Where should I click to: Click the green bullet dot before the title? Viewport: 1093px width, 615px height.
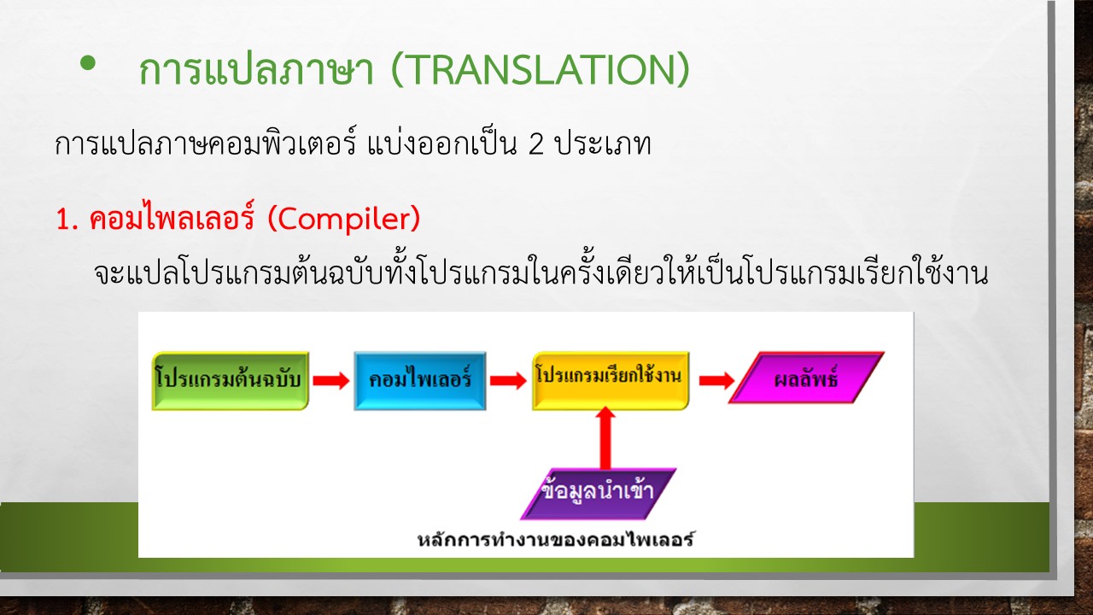(x=88, y=63)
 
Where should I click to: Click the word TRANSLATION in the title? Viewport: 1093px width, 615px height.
(x=541, y=70)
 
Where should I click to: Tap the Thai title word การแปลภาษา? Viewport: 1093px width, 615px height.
(x=256, y=70)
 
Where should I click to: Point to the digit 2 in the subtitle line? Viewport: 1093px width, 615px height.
(x=535, y=144)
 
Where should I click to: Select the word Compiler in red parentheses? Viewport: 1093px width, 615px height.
(x=344, y=219)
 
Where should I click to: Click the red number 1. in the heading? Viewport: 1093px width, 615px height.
(x=67, y=220)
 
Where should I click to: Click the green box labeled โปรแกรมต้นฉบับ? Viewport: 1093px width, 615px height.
(x=231, y=381)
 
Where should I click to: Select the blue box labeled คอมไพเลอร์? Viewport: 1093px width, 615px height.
(x=419, y=381)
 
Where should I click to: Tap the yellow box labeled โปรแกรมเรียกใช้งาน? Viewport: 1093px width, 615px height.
(x=611, y=381)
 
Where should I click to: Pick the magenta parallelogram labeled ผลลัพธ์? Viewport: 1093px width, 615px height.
(x=806, y=378)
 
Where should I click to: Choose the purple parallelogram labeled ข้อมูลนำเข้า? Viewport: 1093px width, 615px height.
(x=599, y=494)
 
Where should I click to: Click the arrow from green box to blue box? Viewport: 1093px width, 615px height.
(x=331, y=380)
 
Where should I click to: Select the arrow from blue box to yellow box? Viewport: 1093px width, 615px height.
(x=508, y=380)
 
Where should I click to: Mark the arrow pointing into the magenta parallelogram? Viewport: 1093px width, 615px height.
(x=716, y=380)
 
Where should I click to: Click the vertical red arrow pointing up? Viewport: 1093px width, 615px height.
(x=605, y=437)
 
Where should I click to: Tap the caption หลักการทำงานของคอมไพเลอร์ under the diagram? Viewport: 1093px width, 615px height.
(x=556, y=539)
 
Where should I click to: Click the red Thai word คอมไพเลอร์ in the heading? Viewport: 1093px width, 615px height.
(x=172, y=217)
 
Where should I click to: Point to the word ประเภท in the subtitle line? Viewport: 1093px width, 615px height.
(x=603, y=143)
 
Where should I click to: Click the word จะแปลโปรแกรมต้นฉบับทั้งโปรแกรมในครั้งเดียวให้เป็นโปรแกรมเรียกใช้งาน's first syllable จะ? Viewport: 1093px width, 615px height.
(x=108, y=274)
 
